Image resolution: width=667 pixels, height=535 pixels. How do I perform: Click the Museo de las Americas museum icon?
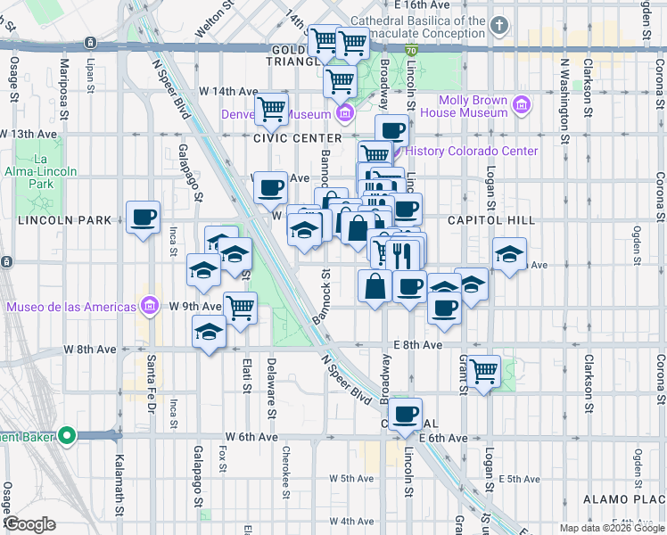pyautogui.click(x=150, y=307)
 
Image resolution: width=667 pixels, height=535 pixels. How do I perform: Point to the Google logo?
pyautogui.click(x=29, y=524)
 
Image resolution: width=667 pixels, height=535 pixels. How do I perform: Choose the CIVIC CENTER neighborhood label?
pyautogui.click(x=297, y=138)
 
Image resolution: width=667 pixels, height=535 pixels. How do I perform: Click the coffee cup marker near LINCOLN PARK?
pyautogui.click(x=143, y=217)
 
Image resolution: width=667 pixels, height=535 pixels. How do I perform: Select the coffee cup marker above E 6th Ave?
pyautogui.click(x=406, y=414)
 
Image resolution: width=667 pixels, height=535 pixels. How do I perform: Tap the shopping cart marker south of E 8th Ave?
pyautogui.click(x=484, y=371)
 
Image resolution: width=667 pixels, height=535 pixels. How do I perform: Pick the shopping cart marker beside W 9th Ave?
pyautogui.click(x=240, y=309)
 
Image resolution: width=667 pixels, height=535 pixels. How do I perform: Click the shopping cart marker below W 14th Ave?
pyautogui.click(x=271, y=110)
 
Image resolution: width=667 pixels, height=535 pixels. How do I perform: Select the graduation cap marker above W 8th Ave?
pyautogui.click(x=210, y=333)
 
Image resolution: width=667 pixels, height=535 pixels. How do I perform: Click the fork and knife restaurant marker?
pyautogui.click(x=403, y=255)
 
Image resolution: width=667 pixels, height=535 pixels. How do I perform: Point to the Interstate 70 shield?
pyautogui.click(x=410, y=53)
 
